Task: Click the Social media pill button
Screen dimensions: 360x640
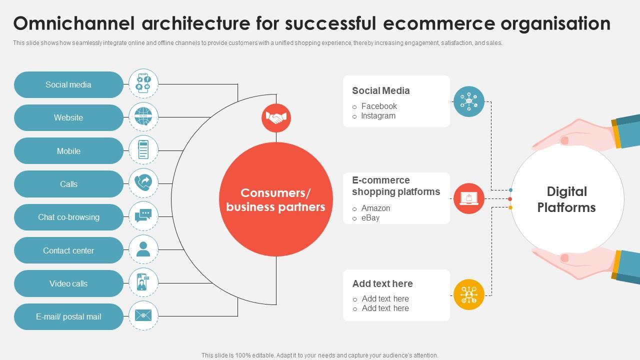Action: (68, 85)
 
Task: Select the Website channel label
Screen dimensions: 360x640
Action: (68, 118)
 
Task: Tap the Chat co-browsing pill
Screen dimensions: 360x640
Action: (68, 217)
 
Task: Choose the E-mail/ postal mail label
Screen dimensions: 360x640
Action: (68, 317)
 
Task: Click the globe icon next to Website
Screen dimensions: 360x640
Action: (143, 117)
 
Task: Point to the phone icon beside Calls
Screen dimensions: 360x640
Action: (143, 183)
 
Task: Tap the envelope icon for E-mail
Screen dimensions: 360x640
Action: (143, 315)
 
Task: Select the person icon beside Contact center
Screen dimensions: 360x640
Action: (143, 249)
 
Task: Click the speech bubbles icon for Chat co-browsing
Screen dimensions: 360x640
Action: (143, 216)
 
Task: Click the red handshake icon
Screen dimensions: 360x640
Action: (276, 118)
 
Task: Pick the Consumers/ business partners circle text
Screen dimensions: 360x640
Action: (276, 200)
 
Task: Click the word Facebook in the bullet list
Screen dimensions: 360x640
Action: (379, 106)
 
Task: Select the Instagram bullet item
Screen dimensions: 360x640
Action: (378, 116)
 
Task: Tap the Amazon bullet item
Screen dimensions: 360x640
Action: (375, 208)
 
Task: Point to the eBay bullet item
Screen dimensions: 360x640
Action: (370, 218)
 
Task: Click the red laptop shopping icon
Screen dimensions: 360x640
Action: (469, 198)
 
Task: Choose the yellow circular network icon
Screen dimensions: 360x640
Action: (469, 294)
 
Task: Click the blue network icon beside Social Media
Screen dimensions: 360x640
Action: (469, 101)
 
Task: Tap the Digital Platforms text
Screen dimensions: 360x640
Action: (566, 199)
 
